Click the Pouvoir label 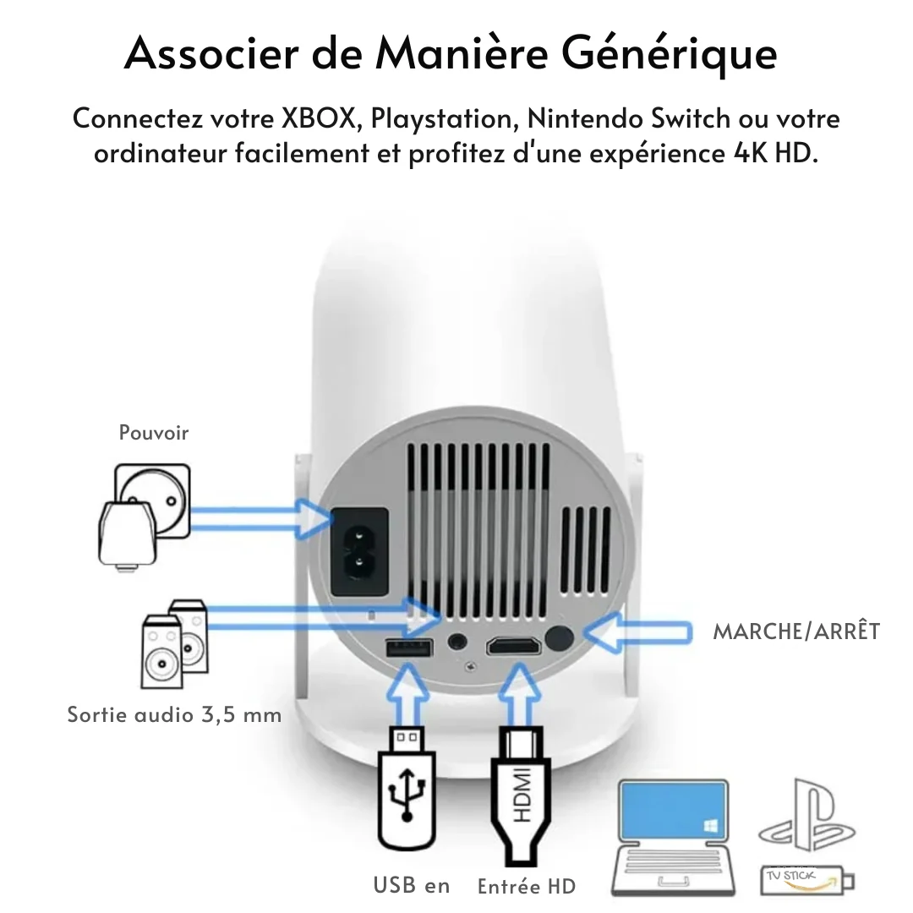tap(154, 433)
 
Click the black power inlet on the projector tap(358, 550)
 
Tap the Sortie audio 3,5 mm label tap(174, 714)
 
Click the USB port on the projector tap(410, 648)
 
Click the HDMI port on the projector tap(513, 648)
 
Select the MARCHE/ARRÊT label tap(796, 631)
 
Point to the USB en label tap(412, 885)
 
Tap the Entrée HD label tap(526, 886)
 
